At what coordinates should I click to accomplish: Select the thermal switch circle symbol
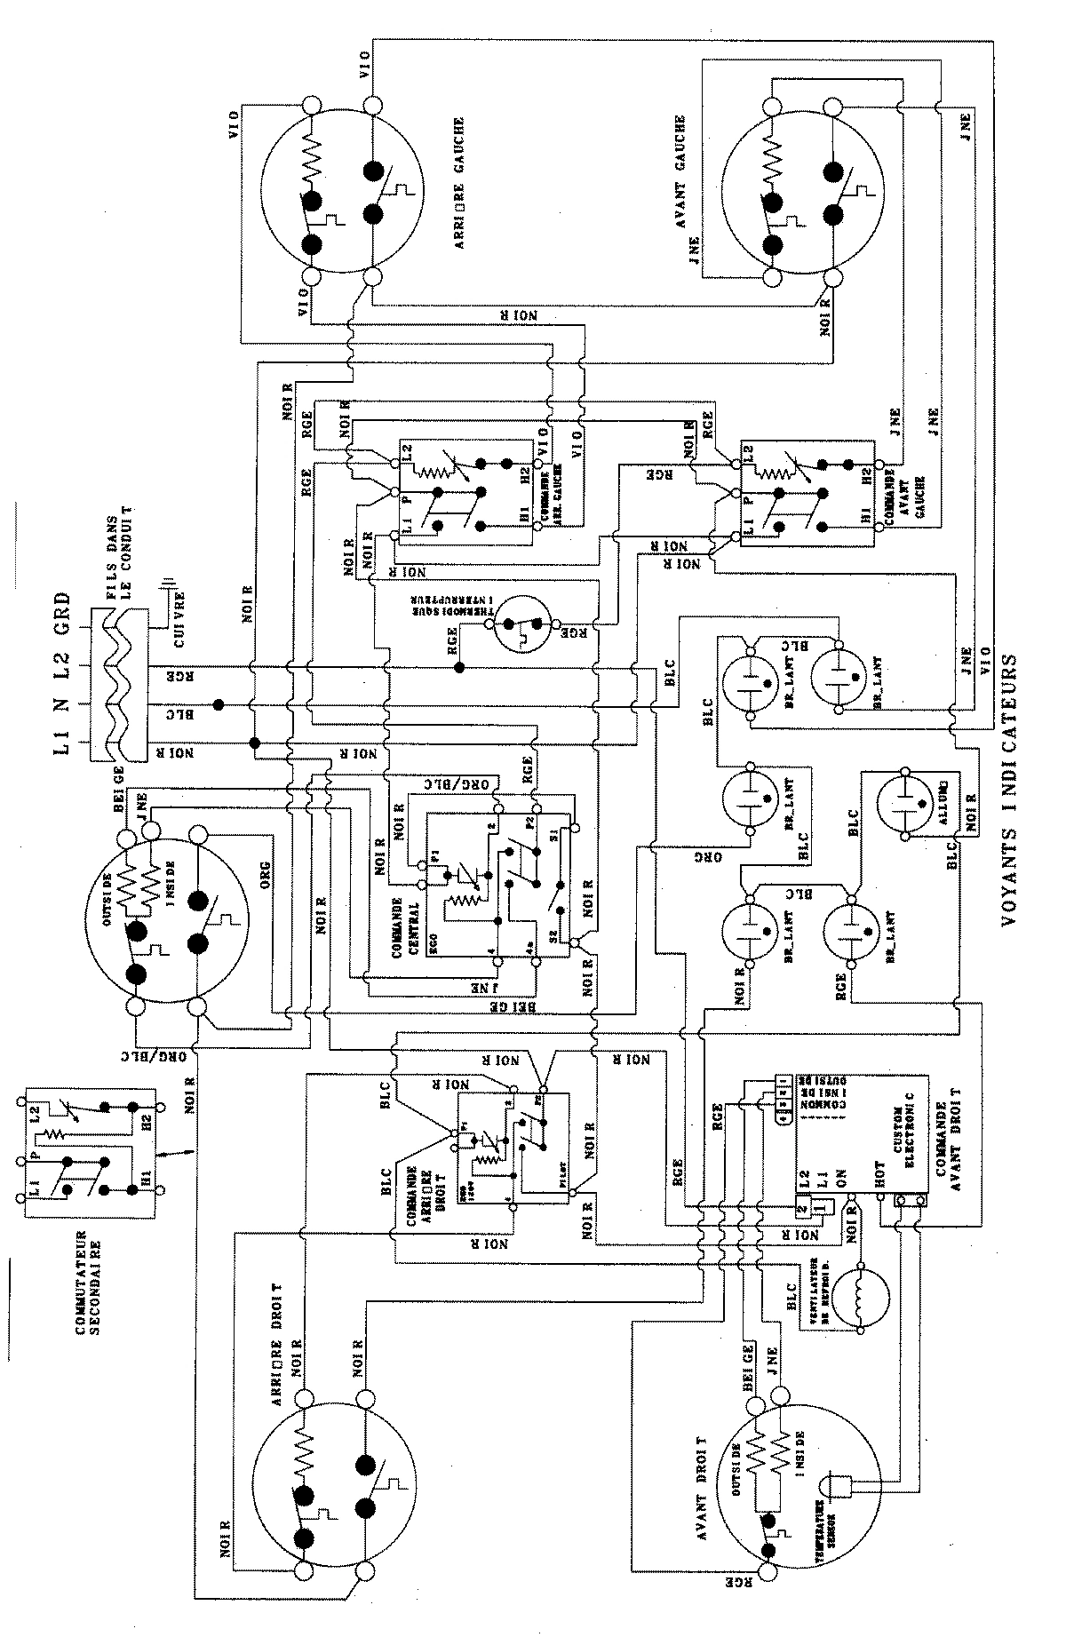(522, 626)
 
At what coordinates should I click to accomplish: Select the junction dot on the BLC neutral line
(218, 703)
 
